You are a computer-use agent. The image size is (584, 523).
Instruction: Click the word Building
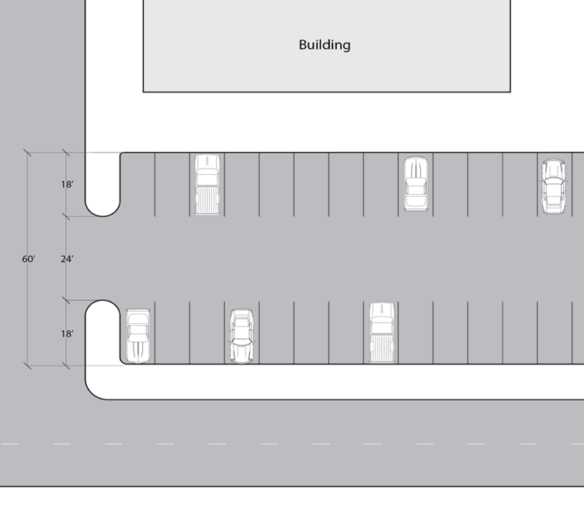coord(325,45)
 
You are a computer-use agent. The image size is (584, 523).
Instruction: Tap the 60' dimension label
coord(29,259)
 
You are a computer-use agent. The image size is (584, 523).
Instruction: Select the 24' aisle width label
coord(68,259)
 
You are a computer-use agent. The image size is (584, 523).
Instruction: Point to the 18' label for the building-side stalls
coord(68,184)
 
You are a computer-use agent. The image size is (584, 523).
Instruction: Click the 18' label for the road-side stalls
coord(68,333)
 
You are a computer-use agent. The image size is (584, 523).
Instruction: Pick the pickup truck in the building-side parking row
coord(207,184)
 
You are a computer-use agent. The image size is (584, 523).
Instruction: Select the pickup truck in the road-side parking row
coord(381,333)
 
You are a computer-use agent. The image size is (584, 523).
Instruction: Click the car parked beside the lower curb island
coord(137,336)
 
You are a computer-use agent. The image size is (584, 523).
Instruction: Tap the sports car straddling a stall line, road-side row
coord(242,336)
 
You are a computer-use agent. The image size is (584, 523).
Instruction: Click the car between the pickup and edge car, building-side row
coord(415,183)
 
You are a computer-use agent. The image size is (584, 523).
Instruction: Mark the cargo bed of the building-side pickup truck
coord(207,200)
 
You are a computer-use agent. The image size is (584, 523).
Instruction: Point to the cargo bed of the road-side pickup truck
coord(381,348)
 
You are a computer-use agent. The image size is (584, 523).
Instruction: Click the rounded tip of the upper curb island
coord(103,216)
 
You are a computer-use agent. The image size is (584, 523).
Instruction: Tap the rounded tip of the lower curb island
coord(103,301)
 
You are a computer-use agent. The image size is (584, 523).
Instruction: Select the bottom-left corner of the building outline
coord(144,92)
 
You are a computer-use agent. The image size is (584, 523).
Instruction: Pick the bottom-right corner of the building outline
coord(510,92)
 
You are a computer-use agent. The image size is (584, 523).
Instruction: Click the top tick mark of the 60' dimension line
coord(27,152)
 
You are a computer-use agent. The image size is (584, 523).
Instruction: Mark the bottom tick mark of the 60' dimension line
coord(27,366)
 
